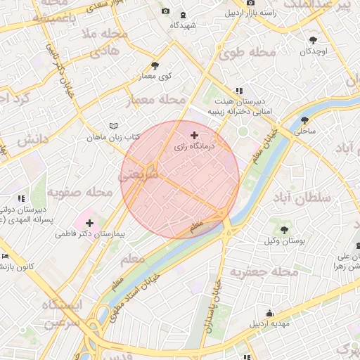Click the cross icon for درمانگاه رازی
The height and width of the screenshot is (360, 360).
pos(195,134)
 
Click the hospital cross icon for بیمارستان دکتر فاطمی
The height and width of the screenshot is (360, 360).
pos(89,223)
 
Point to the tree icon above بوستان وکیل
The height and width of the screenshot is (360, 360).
pos(285,229)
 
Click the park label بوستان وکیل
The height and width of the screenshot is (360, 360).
pos(285,240)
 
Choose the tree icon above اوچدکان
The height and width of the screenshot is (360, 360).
pos(314,40)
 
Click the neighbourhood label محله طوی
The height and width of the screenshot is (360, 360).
pos(251,53)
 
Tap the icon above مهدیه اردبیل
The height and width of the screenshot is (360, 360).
pos(270,314)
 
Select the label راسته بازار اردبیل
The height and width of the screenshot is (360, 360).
pos(250,13)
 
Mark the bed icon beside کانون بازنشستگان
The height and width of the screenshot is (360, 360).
pos(5,256)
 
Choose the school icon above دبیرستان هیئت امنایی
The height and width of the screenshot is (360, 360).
pos(239,91)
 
